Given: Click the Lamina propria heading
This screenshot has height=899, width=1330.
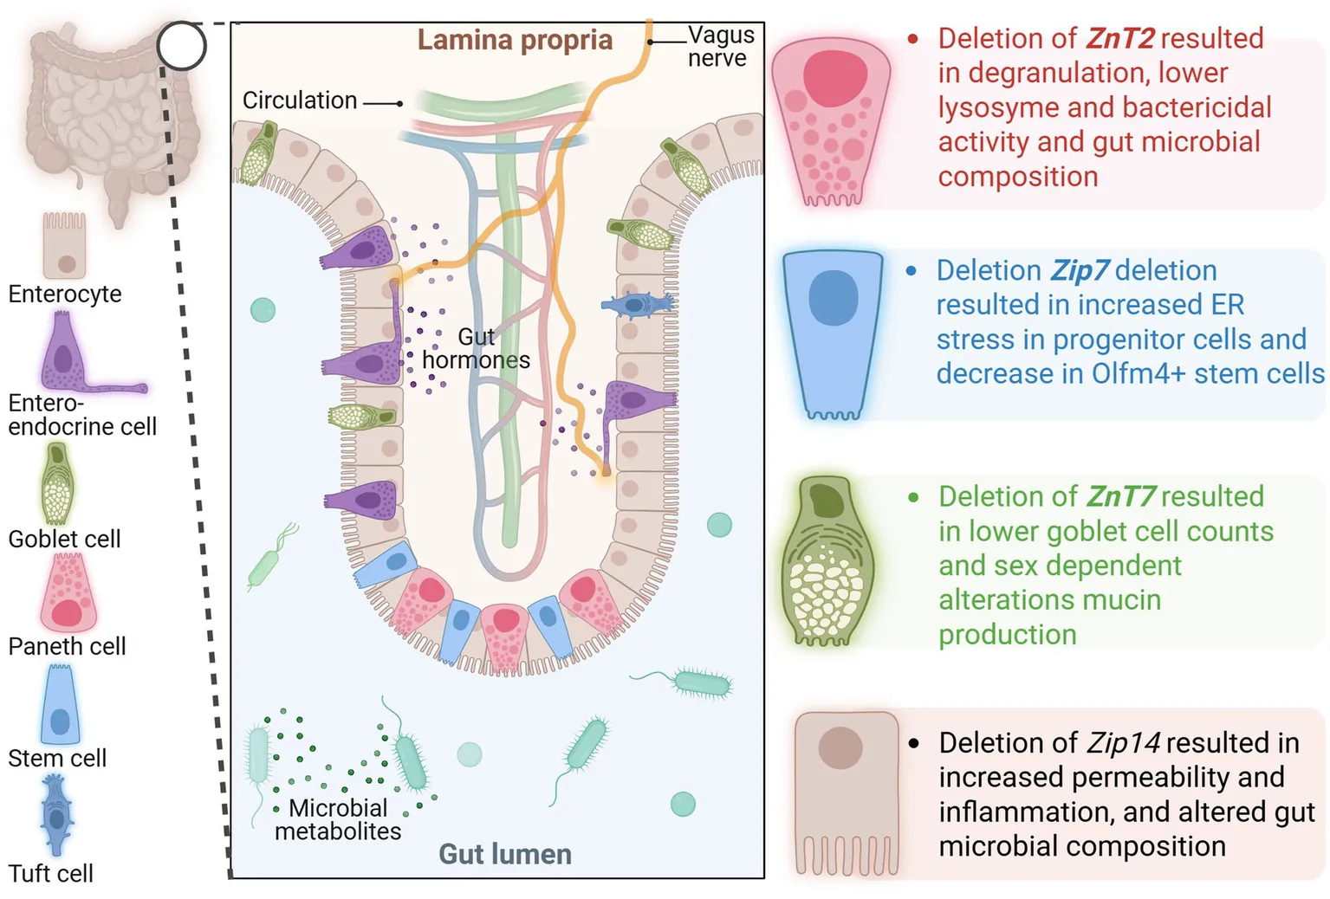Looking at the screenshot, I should click(x=515, y=40).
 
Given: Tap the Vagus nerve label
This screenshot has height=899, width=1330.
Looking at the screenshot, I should click(x=721, y=47).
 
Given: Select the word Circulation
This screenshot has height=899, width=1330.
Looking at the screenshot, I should click(x=300, y=100).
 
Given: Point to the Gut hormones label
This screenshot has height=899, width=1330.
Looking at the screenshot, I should click(x=476, y=348).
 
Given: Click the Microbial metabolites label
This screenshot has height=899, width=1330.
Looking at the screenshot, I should click(x=337, y=819).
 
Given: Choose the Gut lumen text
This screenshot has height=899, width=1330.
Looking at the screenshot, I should click(x=505, y=854).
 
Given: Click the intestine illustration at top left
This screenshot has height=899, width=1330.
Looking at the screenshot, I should click(x=104, y=121).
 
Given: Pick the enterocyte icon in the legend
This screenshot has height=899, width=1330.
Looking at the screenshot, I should click(x=65, y=247).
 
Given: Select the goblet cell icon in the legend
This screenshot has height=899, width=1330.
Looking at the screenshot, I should click(x=57, y=483).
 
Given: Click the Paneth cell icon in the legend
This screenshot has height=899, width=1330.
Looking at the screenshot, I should click(x=68, y=592).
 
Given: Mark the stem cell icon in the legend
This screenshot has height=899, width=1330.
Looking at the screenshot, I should click(x=60, y=706).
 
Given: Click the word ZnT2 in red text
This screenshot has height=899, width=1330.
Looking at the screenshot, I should click(x=1119, y=38).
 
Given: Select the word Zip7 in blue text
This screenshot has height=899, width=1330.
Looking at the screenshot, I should click(x=1079, y=270).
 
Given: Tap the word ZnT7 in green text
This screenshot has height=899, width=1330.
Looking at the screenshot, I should click(x=1120, y=496).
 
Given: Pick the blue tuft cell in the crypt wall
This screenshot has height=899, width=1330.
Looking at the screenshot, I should click(x=638, y=304).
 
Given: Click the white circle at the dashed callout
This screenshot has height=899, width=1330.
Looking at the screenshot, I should click(x=182, y=46).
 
